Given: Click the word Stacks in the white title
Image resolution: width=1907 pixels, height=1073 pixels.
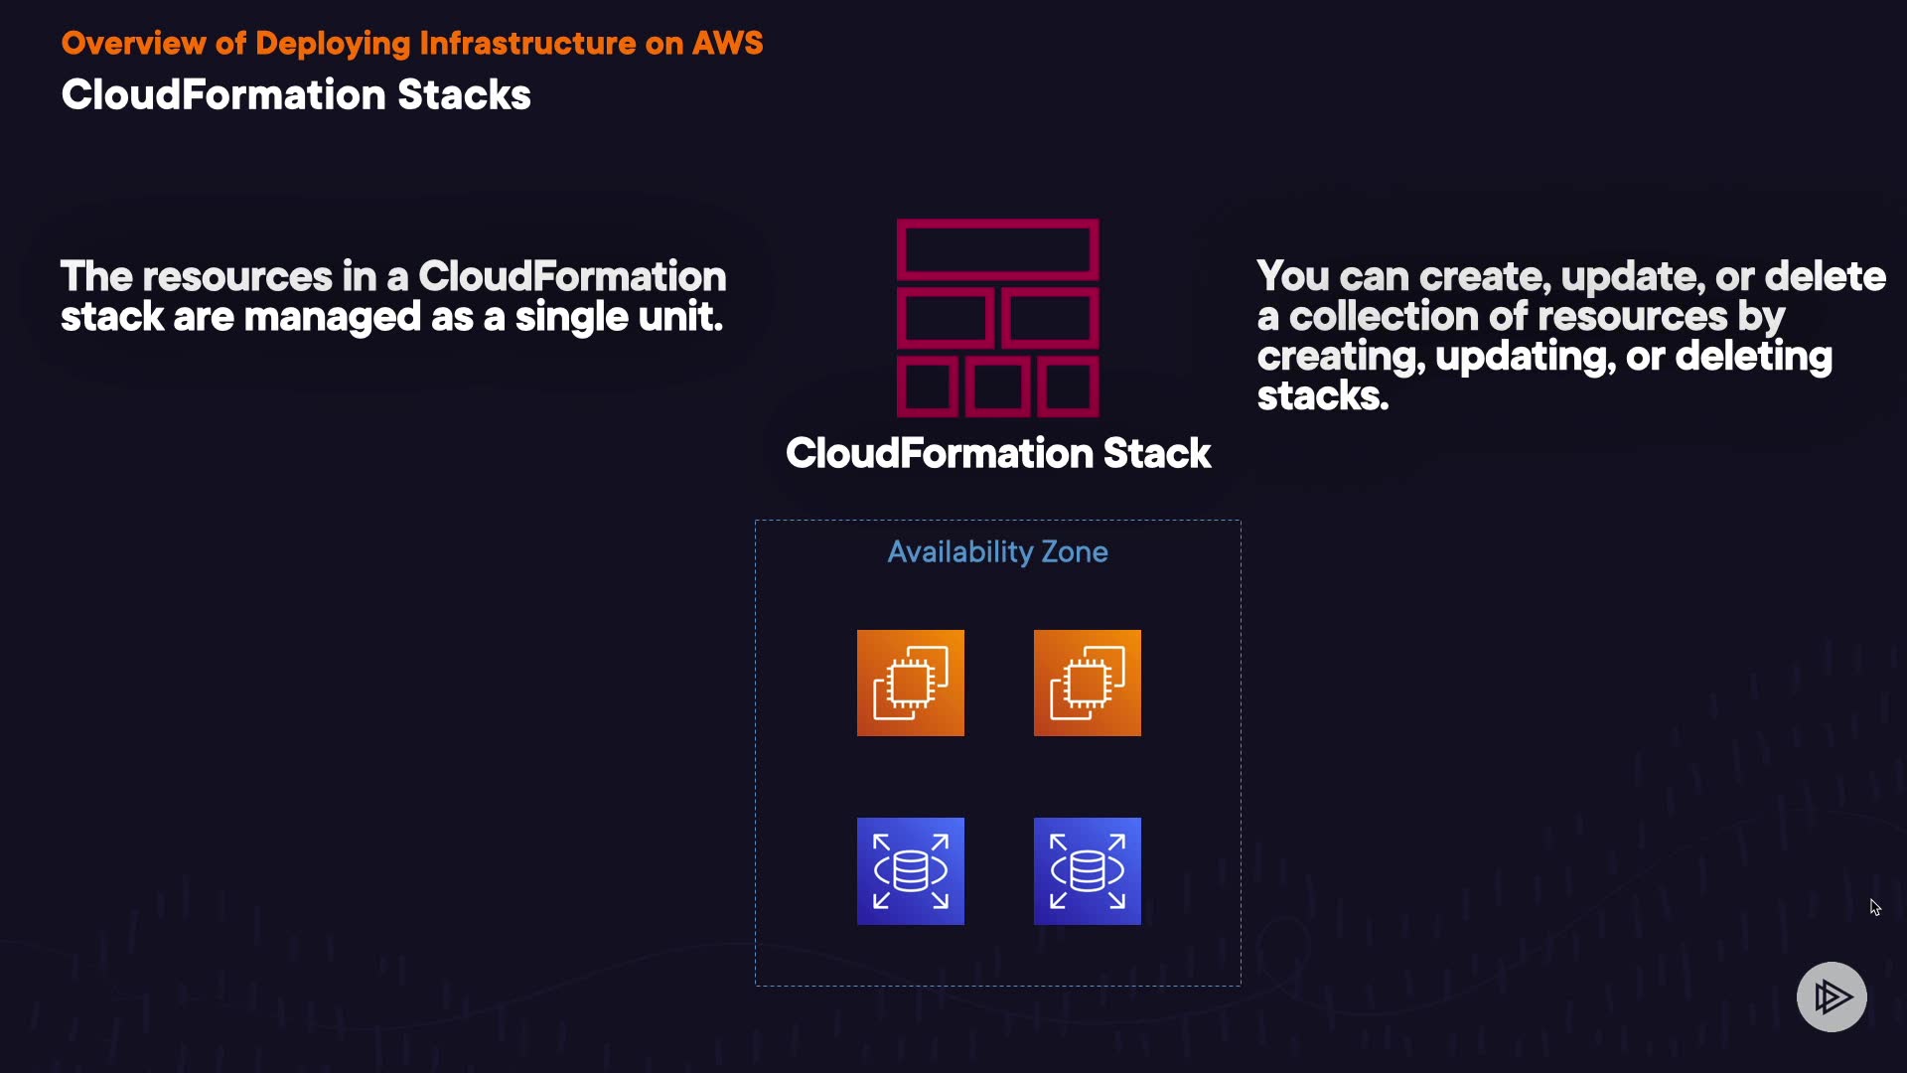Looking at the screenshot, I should point(464,95).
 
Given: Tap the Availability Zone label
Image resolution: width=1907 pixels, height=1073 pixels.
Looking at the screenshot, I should point(997,551).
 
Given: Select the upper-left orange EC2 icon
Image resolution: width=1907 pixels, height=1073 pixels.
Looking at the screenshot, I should point(910,684).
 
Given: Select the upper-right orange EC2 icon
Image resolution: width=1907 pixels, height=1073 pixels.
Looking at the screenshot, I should point(1087,684).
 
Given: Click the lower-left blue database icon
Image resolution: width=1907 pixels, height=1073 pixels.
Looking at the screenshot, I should point(910,871).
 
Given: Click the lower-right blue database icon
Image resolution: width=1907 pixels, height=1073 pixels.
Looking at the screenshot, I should point(1087,871).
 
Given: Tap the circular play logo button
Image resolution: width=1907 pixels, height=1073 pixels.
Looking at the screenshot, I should point(1832,996).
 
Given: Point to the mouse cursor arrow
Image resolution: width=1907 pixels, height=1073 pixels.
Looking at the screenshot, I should point(1874,907).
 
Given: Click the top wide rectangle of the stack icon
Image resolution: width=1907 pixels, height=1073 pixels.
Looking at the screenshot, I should point(997,248).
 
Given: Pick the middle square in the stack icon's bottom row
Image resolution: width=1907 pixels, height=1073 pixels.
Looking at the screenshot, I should point(997,386).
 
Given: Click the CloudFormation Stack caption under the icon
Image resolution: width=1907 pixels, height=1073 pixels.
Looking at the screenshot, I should point(997,454).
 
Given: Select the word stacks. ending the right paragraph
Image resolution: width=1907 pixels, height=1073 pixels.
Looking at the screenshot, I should point(1322,396).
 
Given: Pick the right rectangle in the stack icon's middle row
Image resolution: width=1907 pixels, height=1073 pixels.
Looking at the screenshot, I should point(1049,318).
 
